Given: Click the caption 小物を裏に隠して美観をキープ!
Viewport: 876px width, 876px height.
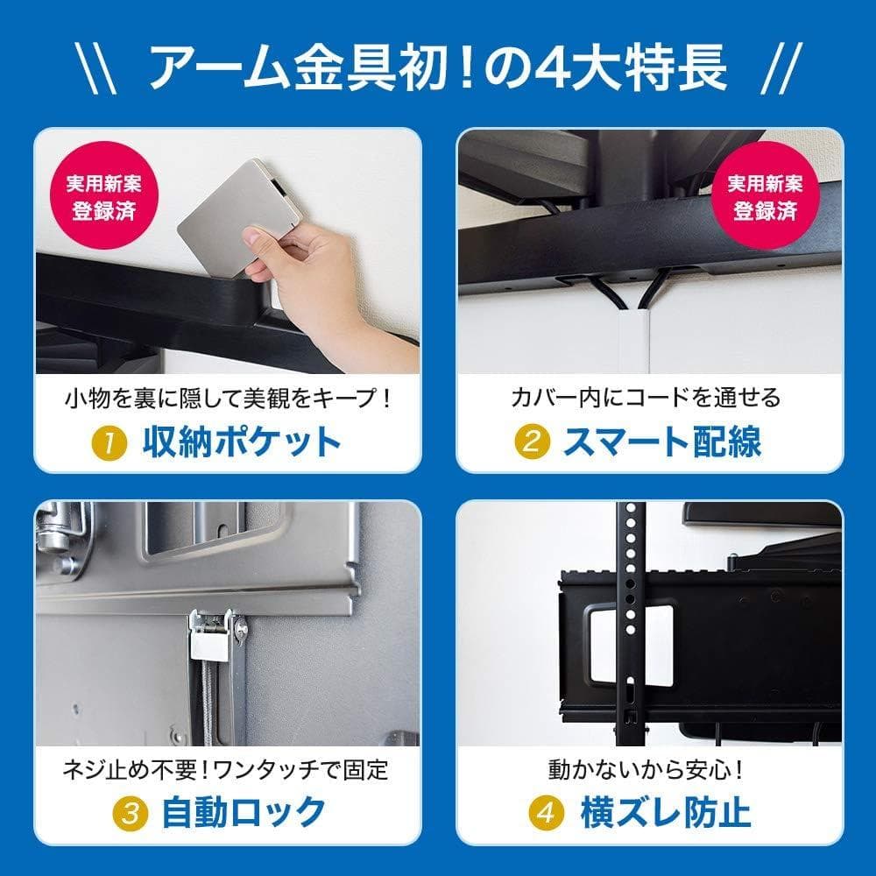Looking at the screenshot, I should click(227, 399).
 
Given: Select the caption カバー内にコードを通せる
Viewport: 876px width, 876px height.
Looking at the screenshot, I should click(646, 399).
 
